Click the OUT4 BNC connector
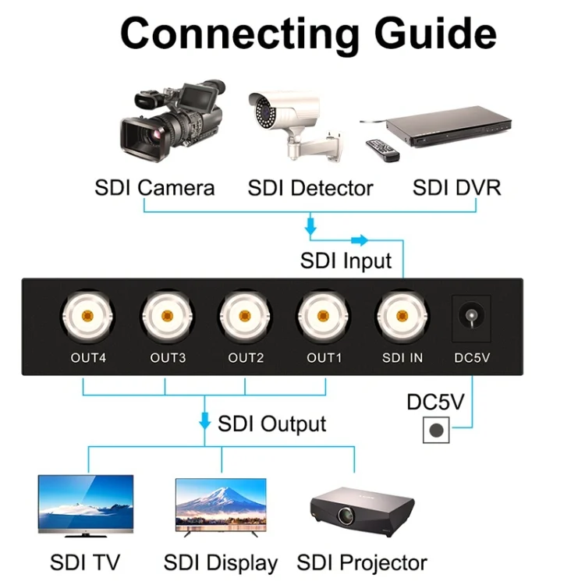click(x=87, y=317)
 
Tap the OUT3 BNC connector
click(x=166, y=317)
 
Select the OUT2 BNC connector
click(x=245, y=317)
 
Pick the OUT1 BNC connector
click(x=323, y=317)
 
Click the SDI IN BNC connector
click(x=402, y=317)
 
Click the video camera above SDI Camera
click(x=171, y=121)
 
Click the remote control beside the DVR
click(x=382, y=149)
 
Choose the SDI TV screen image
click(x=86, y=506)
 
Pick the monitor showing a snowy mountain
click(x=221, y=505)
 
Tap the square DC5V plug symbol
click(x=437, y=429)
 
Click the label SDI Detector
click(x=310, y=188)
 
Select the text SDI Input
click(x=346, y=260)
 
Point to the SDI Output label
click(x=271, y=424)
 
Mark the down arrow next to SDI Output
click(x=205, y=422)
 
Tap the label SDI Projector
click(x=362, y=562)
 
